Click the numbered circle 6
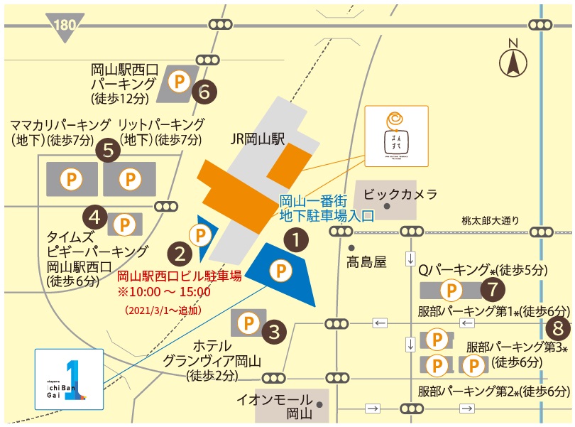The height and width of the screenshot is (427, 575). tap(204, 91)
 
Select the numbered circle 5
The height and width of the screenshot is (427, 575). tap(108, 150)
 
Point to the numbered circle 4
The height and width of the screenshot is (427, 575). tap(96, 215)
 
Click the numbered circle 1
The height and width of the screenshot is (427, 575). tap(296, 241)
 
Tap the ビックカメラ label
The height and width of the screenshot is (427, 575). tap(400, 193)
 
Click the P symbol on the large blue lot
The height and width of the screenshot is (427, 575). tap(283, 270)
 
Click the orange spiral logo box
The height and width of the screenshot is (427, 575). tap(395, 135)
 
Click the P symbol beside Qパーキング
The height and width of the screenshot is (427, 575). tap(451, 290)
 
